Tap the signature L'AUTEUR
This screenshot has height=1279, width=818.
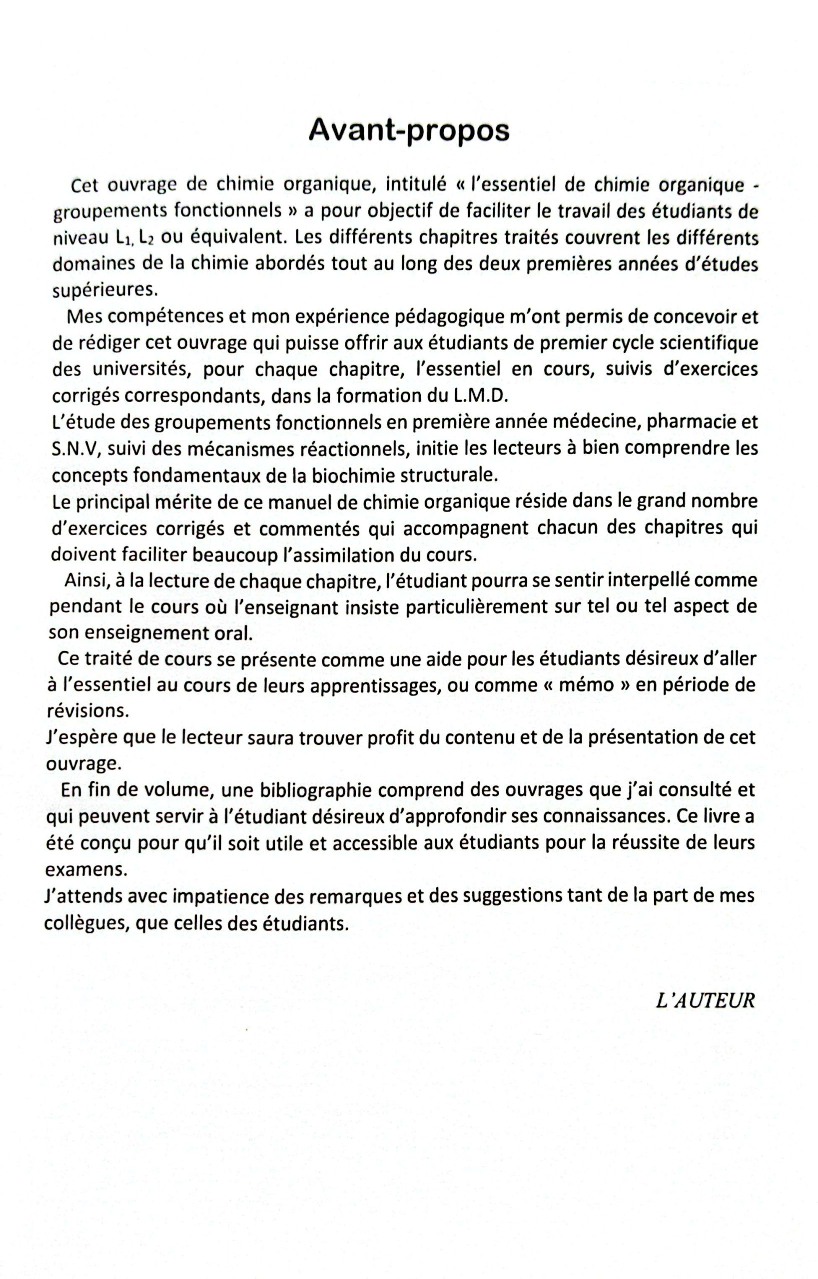pos(706,1001)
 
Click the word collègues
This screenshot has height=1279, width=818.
pos(85,924)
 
